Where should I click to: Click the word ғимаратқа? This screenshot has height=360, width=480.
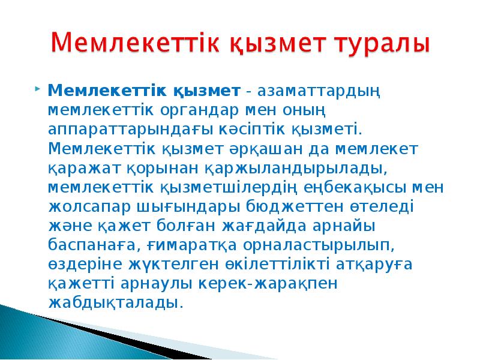pyautogui.click(x=192, y=244)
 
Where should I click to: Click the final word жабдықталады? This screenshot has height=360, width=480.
pyautogui.click(x=114, y=302)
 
